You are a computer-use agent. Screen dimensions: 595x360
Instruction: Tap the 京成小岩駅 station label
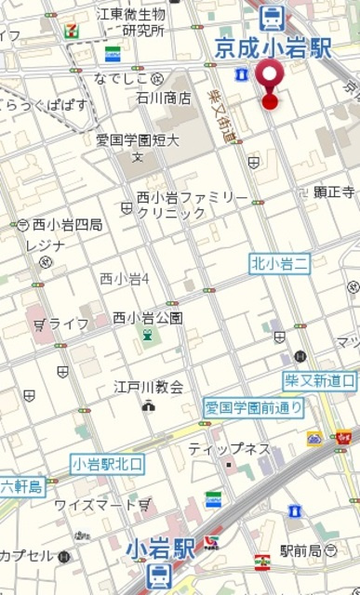tap(273, 48)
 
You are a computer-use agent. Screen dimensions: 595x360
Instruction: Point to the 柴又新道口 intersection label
tap(320, 380)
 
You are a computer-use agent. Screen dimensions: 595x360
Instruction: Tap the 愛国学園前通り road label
tap(254, 407)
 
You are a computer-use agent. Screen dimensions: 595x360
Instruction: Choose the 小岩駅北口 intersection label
tap(108, 463)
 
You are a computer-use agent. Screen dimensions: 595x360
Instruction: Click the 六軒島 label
tap(21, 486)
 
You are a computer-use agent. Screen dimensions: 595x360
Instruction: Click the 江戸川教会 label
tap(149, 387)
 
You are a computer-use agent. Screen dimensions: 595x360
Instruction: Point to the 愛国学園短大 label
tap(138, 140)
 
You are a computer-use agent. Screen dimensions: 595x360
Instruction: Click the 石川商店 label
tap(164, 97)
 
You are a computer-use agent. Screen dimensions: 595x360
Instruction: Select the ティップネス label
tap(229, 449)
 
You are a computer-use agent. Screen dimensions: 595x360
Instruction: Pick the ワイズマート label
tap(96, 505)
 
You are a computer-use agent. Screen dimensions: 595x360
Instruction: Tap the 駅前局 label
tap(300, 550)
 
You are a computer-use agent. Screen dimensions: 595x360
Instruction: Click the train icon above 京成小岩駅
tap(272, 17)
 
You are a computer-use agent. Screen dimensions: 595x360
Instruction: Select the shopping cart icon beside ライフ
tap(39, 324)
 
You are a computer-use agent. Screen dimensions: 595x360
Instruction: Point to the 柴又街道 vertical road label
tap(223, 115)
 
